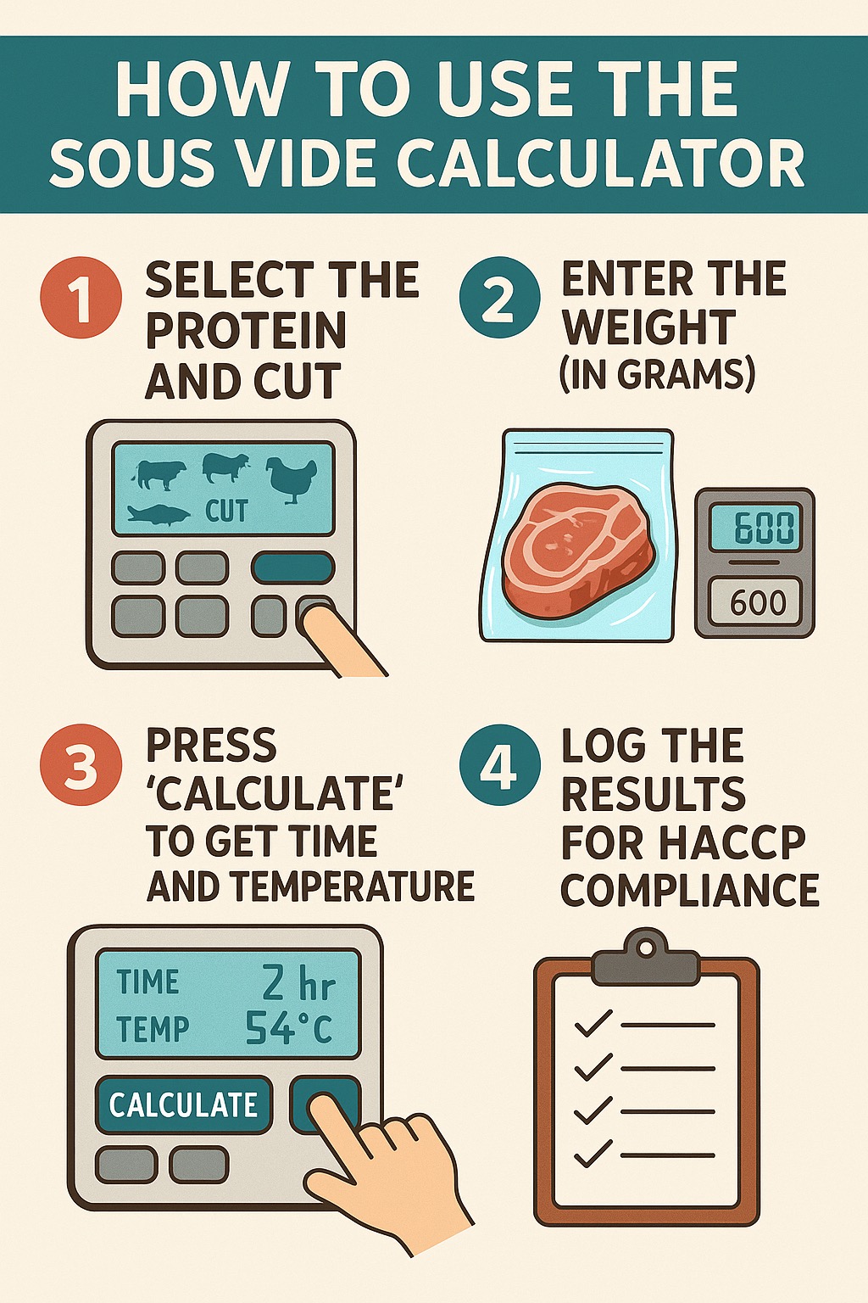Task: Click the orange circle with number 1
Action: click(81, 297)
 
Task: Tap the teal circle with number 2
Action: click(500, 297)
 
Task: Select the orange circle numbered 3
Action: click(81, 764)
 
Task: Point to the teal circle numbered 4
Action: click(500, 764)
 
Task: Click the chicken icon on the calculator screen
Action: click(292, 479)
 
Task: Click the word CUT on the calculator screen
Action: click(226, 511)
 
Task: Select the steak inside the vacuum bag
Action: click(578, 551)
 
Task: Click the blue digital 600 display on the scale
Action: click(754, 527)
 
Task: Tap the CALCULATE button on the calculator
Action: click(183, 1104)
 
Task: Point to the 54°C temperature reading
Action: click(288, 1028)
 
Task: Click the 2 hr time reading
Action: click(299, 983)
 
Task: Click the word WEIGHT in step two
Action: click(648, 327)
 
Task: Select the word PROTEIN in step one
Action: click(245, 330)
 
